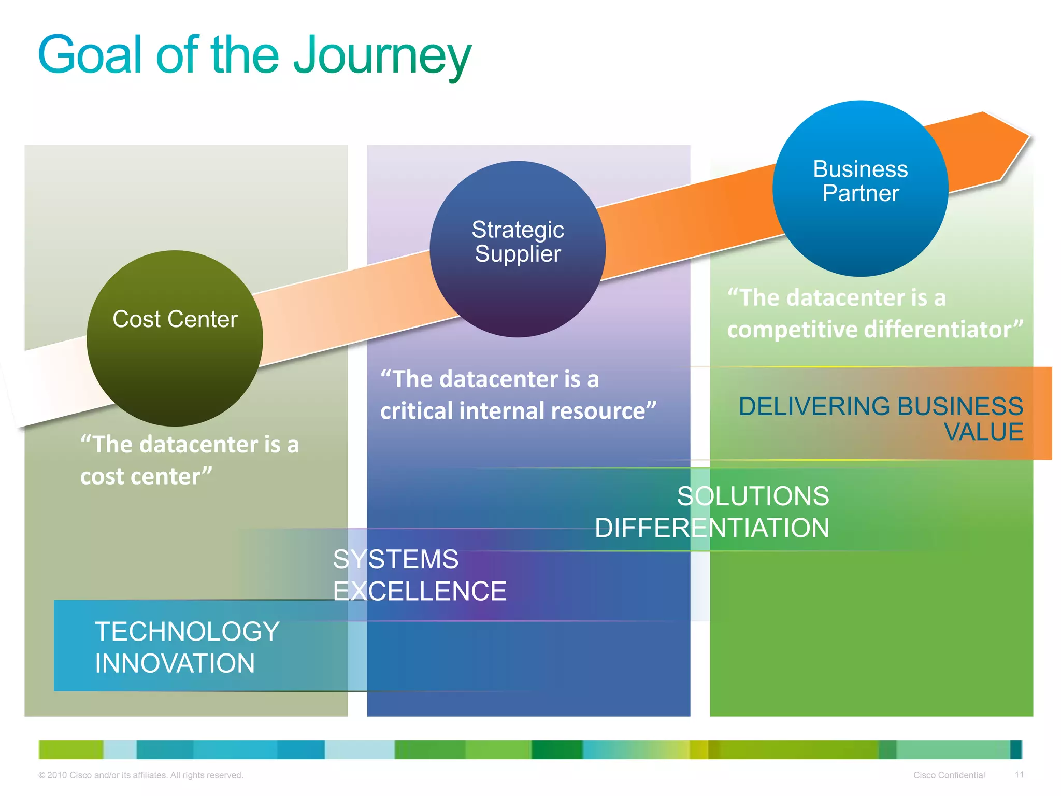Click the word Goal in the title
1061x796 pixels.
pyautogui.click(x=89, y=55)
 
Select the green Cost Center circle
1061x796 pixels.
pyautogui.click(x=175, y=338)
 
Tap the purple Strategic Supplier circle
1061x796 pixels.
pyautogui.click(x=518, y=249)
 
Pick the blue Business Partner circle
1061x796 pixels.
pyautogui.click(x=860, y=188)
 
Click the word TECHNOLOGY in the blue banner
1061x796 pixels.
pyautogui.click(x=187, y=631)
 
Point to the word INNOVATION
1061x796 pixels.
pyautogui.click(x=175, y=663)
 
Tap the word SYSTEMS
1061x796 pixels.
pyautogui.click(x=396, y=560)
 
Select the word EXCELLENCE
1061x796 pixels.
pyautogui.click(x=420, y=591)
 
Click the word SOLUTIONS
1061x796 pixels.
pyautogui.click(x=753, y=496)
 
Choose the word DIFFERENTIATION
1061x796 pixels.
pyautogui.click(x=712, y=528)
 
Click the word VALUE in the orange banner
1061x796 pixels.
pyautogui.click(x=983, y=432)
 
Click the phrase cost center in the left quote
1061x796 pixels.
pyautogui.click(x=146, y=477)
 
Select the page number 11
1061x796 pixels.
pyautogui.click(x=1019, y=775)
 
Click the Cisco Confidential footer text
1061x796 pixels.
pyautogui.click(x=949, y=775)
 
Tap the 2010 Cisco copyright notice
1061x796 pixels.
pyautogui.click(x=140, y=775)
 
